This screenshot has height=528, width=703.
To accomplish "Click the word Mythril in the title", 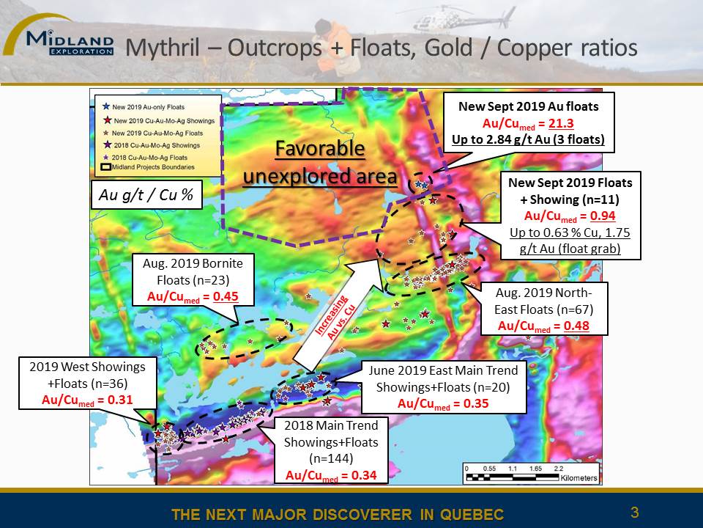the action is (x=162, y=48).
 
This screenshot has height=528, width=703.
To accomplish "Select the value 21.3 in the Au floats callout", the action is (x=561, y=123).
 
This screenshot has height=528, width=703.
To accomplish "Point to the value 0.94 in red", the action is (x=603, y=216).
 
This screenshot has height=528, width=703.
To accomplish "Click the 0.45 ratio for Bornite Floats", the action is (x=226, y=297).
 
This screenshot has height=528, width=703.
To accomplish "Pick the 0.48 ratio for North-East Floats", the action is (x=576, y=326).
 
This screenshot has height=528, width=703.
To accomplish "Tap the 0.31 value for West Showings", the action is (x=120, y=400).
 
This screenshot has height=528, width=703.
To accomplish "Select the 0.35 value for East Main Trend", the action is (x=476, y=403).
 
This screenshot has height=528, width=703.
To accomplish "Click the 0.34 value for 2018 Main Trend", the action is (x=364, y=475).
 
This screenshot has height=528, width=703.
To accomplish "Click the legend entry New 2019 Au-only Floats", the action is (x=144, y=107).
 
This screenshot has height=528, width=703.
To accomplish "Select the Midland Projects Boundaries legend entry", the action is (x=148, y=167).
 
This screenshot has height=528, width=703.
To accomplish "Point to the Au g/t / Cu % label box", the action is (x=146, y=195).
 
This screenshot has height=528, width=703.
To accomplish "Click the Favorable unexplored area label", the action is (x=320, y=162).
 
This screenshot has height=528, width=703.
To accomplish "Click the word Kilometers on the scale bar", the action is (x=579, y=477).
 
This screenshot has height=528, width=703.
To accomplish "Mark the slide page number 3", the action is (x=634, y=513).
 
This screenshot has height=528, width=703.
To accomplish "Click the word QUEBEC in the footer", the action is (x=472, y=515).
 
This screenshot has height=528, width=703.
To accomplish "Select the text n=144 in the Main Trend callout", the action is (x=331, y=458).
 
